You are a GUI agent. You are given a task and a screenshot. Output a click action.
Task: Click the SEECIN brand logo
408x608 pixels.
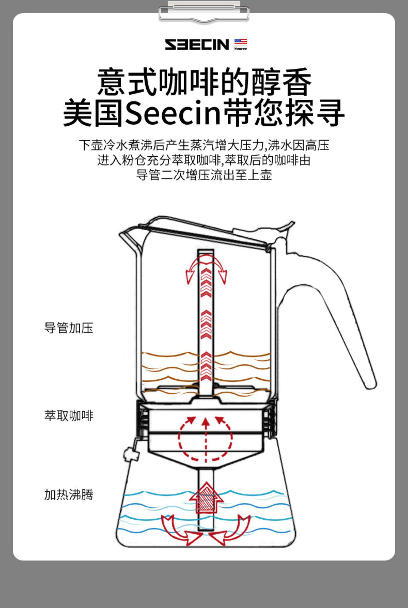(x=197, y=45)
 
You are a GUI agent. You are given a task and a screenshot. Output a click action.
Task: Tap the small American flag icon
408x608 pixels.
(x=240, y=43)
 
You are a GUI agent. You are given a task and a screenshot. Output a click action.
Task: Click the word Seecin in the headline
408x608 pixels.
(x=172, y=112)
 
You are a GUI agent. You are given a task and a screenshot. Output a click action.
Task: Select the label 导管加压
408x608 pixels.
(x=69, y=328)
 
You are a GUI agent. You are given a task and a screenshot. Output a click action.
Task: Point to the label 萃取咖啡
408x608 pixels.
(x=69, y=415)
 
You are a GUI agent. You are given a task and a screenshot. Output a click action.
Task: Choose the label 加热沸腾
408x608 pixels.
(x=69, y=494)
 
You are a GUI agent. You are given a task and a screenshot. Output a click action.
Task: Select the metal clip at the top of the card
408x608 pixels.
(x=204, y=12)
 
